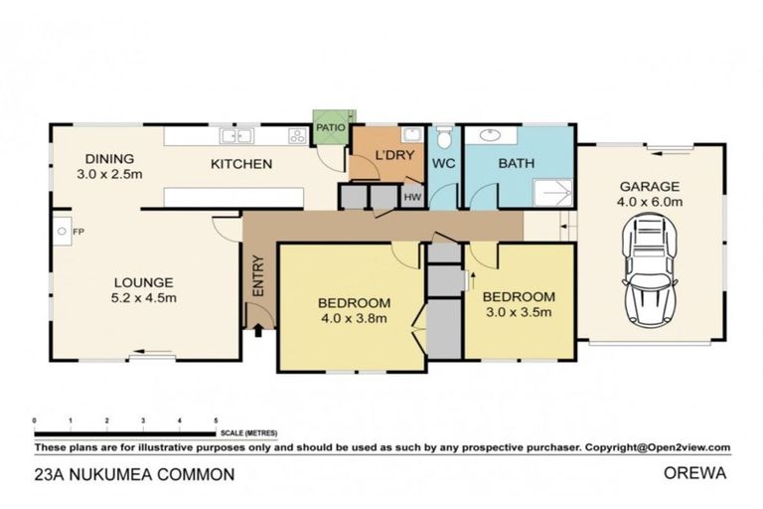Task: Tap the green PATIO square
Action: (328, 127)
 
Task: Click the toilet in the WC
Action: (444, 138)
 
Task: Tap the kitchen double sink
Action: (237, 136)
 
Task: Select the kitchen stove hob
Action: (296, 136)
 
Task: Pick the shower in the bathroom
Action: (552, 193)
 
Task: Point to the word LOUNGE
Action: (143, 281)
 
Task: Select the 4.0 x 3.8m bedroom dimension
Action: (353, 318)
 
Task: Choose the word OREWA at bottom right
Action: (694, 474)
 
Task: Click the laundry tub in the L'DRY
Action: (410, 135)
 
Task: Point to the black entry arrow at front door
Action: (258, 330)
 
